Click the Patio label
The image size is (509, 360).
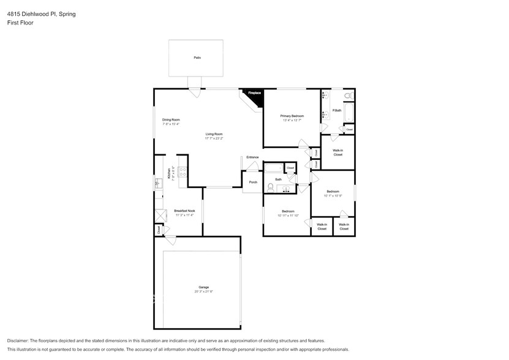click(x=197, y=58)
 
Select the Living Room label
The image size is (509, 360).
click(x=214, y=133)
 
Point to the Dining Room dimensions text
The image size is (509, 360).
click(x=171, y=124)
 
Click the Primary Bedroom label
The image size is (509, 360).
click(x=292, y=116)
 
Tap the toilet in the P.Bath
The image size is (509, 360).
click(x=347, y=96)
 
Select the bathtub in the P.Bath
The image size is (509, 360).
click(x=348, y=113)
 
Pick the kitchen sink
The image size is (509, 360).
click(x=157, y=182)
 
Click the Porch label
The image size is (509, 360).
click(x=252, y=182)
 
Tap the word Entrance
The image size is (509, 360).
click(x=252, y=157)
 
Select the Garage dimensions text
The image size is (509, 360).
click(x=203, y=291)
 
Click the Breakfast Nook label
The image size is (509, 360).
click(x=184, y=211)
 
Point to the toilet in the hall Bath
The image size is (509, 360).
click(x=271, y=189)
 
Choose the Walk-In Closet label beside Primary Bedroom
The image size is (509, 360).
click(x=337, y=152)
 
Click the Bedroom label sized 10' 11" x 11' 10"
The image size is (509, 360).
click(x=288, y=211)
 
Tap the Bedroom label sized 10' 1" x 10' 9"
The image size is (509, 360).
click(x=333, y=192)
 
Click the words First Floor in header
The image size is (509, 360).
click(x=20, y=23)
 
